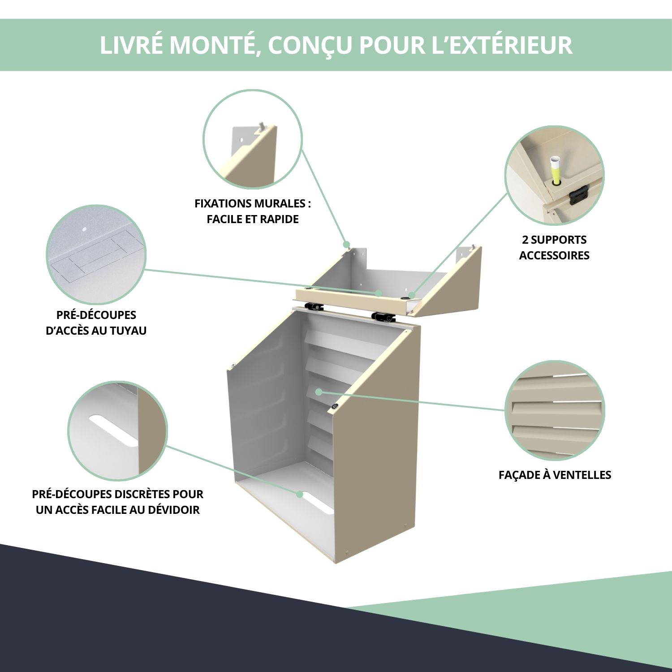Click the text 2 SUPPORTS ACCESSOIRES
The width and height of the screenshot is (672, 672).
point(554,247)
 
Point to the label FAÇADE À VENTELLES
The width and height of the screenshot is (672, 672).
point(555,474)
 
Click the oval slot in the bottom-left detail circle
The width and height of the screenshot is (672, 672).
point(114,431)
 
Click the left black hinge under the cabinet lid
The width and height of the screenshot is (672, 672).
point(314,307)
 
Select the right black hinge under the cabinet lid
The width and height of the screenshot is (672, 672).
point(382,317)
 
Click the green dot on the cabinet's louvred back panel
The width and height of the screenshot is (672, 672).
point(319,392)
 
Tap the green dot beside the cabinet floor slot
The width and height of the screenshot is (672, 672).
point(299,494)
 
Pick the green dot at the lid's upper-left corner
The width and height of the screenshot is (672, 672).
point(346,245)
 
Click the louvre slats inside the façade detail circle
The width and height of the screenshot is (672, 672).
point(555,410)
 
